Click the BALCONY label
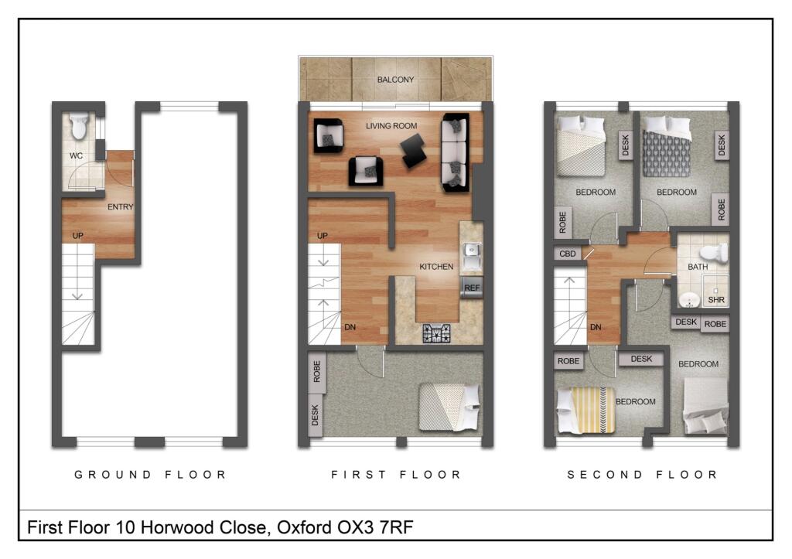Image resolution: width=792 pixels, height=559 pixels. click(x=395, y=80)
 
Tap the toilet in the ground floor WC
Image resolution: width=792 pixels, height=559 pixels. click(x=79, y=128)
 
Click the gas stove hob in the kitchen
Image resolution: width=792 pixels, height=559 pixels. click(x=437, y=334)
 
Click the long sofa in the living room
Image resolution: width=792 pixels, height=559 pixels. click(x=455, y=152)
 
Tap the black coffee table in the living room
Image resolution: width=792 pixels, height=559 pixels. click(x=413, y=149)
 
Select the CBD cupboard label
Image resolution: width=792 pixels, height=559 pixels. click(x=566, y=254)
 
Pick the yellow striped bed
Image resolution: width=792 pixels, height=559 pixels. click(x=586, y=410)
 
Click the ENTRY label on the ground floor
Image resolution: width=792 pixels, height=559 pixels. click(x=121, y=206)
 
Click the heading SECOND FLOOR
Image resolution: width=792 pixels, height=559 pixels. click(x=642, y=475)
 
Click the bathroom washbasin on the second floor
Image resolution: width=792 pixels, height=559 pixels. click(x=687, y=299)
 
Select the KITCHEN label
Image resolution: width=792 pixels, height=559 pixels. click(x=436, y=267)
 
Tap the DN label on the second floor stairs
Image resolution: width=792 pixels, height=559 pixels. click(x=596, y=327)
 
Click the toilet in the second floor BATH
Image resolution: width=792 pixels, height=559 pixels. click(x=715, y=252)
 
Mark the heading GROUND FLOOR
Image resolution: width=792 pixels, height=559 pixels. click(x=150, y=475)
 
